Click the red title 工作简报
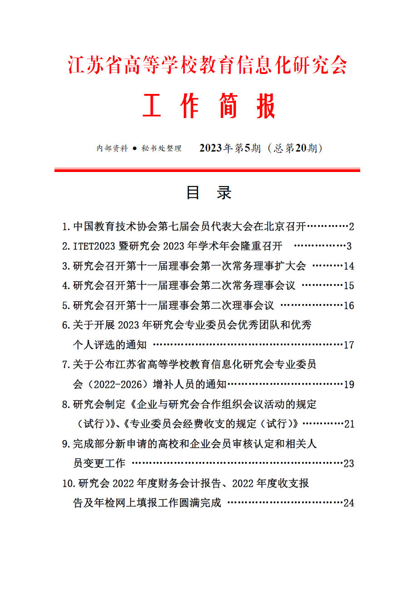point(209,107)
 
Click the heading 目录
point(209,193)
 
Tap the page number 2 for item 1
point(351,226)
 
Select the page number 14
point(349,266)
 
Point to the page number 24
point(348,503)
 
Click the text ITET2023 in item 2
point(94,246)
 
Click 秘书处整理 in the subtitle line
point(162,148)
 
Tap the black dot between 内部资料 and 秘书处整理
point(135,149)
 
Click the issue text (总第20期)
point(295,148)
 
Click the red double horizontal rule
point(207,170)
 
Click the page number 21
point(349,424)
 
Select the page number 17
point(349,345)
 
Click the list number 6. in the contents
point(66,325)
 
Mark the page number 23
point(348,464)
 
